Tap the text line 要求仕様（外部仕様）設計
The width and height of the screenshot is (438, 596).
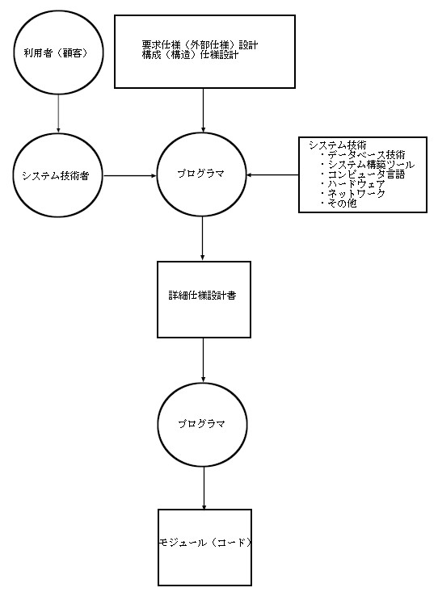pyautogui.click(x=200, y=45)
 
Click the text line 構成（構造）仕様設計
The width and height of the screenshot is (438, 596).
pyautogui.click(x=190, y=55)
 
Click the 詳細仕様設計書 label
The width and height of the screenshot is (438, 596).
pyautogui.click(x=202, y=296)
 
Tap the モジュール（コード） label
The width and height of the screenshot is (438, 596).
pyautogui.click(x=205, y=543)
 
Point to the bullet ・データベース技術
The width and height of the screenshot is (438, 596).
pyautogui.click(x=362, y=155)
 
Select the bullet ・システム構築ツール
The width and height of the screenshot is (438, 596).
pyautogui.click(x=367, y=165)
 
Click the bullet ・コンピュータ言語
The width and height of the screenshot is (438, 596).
pyautogui.click(x=362, y=174)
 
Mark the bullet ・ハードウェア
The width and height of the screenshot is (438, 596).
pyautogui.click(x=352, y=184)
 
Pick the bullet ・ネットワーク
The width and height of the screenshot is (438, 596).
pyautogui.click(x=352, y=194)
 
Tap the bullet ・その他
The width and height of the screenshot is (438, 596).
pyautogui.click(x=338, y=204)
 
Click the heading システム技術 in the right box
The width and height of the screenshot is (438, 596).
pyautogui.click(x=338, y=145)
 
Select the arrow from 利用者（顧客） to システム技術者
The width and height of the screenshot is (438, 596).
pyautogui.click(x=58, y=114)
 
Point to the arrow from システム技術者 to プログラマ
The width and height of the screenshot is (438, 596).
pyautogui.click(x=130, y=175)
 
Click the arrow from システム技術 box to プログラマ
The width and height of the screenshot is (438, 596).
pyautogui.click(x=272, y=175)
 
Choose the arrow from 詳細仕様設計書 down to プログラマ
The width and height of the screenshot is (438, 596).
pyautogui.click(x=203, y=359)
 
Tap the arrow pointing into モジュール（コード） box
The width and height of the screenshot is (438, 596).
pyautogui.click(x=204, y=488)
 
